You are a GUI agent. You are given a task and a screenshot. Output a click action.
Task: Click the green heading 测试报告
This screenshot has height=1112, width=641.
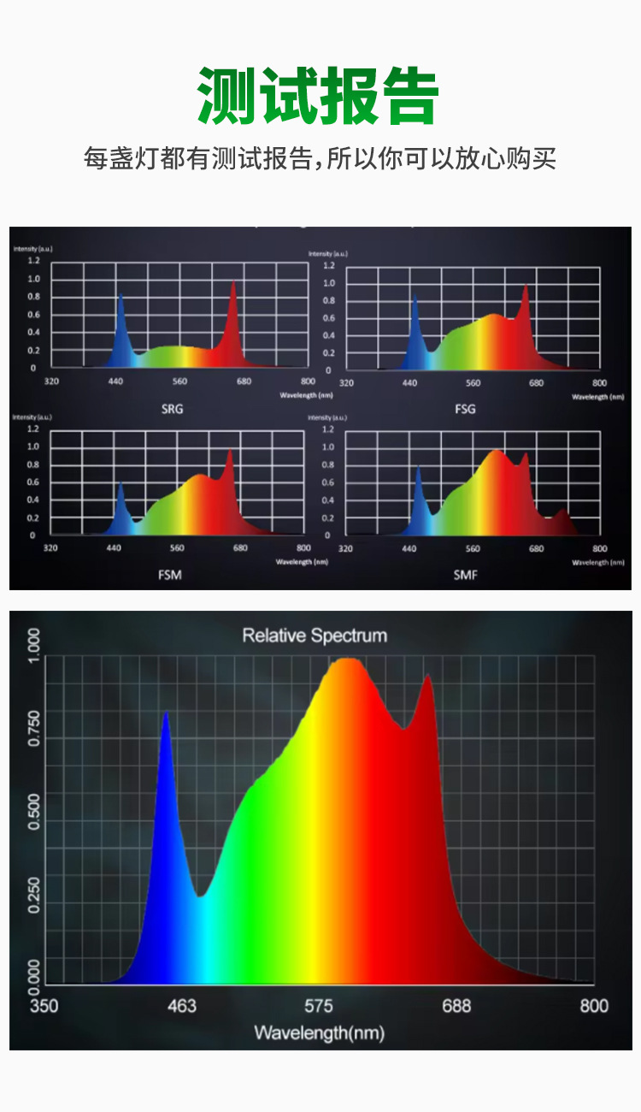pyautogui.click(x=318, y=95)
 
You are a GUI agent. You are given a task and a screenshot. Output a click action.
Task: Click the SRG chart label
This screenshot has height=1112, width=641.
pyautogui.click(x=172, y=409)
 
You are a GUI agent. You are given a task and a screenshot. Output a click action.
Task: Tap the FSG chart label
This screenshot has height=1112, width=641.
pyautogui.click(x=465, y=410)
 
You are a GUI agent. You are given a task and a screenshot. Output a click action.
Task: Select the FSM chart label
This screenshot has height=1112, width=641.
pyautogui.click(x=170, y=575)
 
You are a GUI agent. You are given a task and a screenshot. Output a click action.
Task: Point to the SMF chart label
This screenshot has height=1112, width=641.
pyautogui.click(x=465, y=575)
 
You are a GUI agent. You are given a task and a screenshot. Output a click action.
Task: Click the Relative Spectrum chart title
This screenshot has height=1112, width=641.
pyautogui.click(x=315, y=636)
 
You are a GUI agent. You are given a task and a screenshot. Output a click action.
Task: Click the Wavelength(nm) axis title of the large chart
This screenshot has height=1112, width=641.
pyautogui.click(x=319, y=1032)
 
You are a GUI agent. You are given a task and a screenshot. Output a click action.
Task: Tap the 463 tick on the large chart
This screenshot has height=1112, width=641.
pyautogui.click(x=181, y=1006)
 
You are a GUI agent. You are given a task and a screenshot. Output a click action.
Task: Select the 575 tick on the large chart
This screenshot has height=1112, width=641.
pyautogui.click(x=318, y=1006)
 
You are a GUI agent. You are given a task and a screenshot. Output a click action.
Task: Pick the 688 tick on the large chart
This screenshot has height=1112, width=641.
pyautogui.click(x=456, y=1006)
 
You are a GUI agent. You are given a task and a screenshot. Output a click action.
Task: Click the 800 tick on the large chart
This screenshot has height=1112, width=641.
pyautogui.click(x=594, y=1006)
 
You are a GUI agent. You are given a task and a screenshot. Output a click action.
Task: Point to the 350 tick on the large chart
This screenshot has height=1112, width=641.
pyautogui.click(x=44, y=1006)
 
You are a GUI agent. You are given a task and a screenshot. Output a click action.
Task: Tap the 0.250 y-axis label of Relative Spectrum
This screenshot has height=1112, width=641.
pyautogui.click(x=34, y=893)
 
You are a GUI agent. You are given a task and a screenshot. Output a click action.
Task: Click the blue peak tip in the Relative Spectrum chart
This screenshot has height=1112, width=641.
pyautogui.click(x=165, y=712)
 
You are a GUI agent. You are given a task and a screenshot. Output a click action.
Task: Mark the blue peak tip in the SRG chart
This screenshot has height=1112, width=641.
pyautogui.click(x=121, y=293)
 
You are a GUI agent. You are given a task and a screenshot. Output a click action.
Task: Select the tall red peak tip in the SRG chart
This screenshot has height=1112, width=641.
pyautogui.click(x=233, y=281)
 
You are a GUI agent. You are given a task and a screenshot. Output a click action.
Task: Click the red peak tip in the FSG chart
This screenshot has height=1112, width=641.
pyautogui.click(x=526, y=286)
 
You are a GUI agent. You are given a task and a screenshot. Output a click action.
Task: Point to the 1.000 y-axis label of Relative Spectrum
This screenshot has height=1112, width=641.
pyautogui.click(x=34, y=646)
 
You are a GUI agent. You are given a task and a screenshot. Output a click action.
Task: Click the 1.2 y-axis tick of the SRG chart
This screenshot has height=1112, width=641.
pyautogui.click(x=33, y=260)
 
